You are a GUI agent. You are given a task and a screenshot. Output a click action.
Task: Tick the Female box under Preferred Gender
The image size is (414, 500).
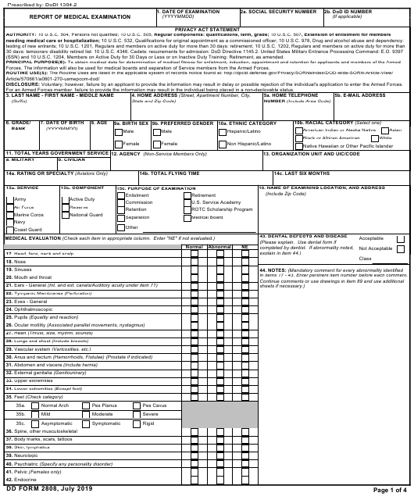(156, 144)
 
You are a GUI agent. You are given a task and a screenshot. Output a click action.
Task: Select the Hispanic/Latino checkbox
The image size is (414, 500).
(222, 131)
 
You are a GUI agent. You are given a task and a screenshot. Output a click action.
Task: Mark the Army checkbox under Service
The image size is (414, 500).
(11, 199)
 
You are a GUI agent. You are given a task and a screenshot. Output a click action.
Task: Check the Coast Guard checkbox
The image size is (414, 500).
(11, 229)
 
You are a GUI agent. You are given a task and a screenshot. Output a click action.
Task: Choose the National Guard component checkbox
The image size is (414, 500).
(66, 214)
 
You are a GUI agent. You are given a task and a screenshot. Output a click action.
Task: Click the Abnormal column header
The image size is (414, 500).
(219, 247)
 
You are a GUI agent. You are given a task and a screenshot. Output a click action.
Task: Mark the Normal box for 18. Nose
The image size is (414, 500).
(194, 261)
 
